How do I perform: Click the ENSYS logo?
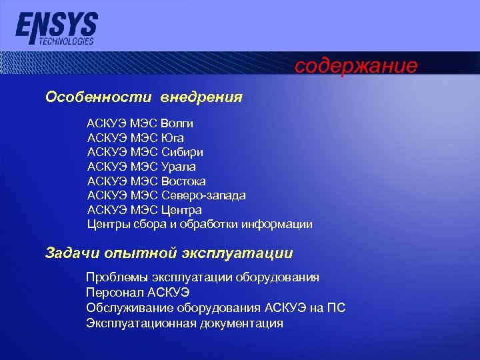[57, 25]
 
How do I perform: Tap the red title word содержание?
[356, 66]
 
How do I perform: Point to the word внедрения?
[201, 97]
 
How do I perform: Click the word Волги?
[177, 123]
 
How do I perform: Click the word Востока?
[183, 181]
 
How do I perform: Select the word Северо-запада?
[203, 195]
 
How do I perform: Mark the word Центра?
[181, 210]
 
